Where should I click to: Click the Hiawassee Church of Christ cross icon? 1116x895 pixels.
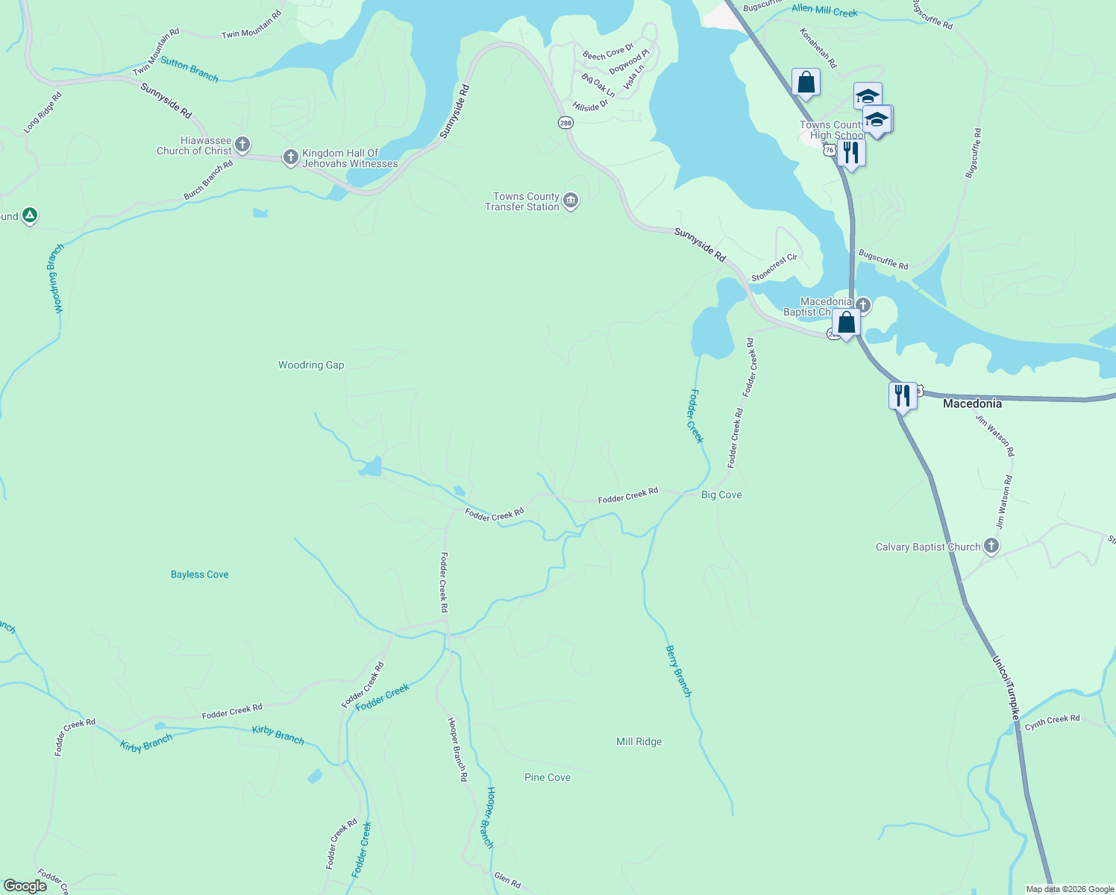242,144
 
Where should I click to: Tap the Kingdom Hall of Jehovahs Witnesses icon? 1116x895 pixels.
291,157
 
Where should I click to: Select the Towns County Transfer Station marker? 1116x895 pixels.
571,201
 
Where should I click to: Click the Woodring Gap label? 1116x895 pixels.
311,365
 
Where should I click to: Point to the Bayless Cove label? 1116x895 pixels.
199,574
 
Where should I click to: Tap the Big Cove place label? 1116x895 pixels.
721,494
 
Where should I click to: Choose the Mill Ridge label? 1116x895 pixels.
639,741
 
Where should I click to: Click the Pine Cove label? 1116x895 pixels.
547,777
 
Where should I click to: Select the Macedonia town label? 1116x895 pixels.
972,403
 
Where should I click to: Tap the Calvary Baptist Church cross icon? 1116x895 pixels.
991,546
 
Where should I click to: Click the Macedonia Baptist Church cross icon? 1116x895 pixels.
863,304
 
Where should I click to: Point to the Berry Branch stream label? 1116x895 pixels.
678,671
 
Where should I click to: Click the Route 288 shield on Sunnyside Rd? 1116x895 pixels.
565,123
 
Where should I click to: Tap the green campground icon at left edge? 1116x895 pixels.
29,216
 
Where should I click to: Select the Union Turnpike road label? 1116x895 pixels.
1005,688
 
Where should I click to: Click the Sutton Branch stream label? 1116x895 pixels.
189,70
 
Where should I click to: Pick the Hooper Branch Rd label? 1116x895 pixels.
457,749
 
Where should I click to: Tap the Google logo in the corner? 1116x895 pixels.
25,885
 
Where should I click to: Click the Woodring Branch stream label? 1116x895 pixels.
56,279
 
